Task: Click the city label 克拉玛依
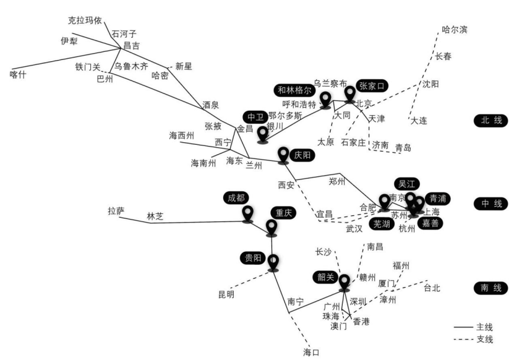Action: click(x=85, y=20)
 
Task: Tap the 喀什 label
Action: click(x=20, y=74)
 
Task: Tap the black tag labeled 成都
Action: click(x=236, y=198)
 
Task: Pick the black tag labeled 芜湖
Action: click(x=382, y=224)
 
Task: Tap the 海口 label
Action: click(x=312, y=353)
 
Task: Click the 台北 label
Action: click(x=434, y=288)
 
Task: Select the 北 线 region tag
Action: click(x=489, y=121)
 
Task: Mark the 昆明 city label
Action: click(x=226, y=295)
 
